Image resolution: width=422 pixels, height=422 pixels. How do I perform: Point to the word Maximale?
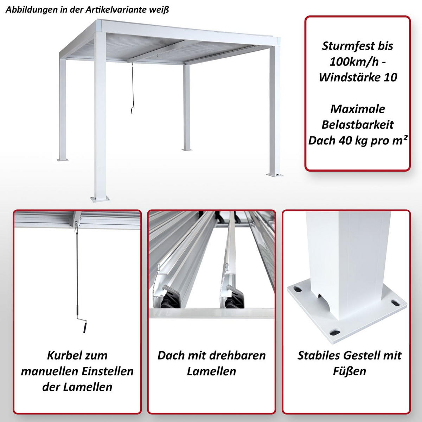coord(358,109)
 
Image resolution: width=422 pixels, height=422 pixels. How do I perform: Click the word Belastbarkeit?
coord(358,125)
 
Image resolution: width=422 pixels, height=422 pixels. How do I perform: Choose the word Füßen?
coord(349,371)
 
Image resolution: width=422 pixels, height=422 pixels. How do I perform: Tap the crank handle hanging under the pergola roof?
coord(131,110)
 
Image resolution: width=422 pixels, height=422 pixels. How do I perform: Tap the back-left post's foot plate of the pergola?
coord(64,160)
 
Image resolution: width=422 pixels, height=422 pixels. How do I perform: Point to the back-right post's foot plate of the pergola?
coord(187,149)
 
